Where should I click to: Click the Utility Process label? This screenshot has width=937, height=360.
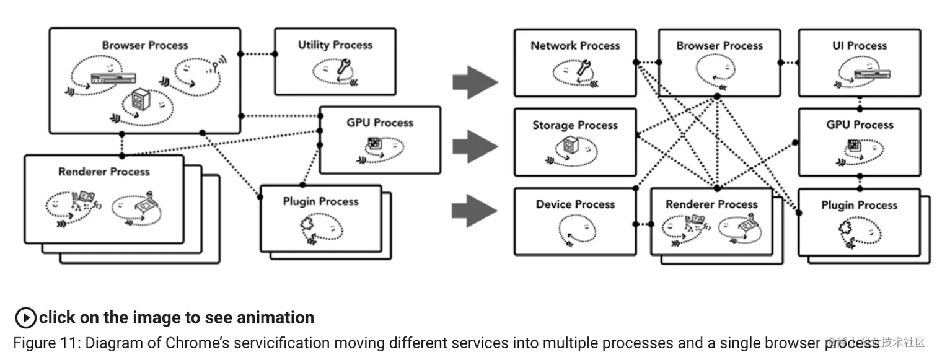335,45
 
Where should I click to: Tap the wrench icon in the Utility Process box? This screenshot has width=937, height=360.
343,68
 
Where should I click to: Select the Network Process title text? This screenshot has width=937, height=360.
575,45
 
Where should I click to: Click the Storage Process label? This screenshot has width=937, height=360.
575,125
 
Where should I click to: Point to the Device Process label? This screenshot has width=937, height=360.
575,204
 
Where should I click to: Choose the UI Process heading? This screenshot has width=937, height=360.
859,45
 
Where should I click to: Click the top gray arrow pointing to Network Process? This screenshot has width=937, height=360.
475,82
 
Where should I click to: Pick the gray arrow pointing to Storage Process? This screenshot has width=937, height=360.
475,147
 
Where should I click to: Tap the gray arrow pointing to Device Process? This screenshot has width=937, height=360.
475,211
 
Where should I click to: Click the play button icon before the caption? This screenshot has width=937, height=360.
25,318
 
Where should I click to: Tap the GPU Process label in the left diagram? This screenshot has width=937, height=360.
379,123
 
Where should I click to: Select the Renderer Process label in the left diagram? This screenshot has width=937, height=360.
104,172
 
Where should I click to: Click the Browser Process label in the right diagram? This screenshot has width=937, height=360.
719,45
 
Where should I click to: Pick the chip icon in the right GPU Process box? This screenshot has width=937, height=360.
853,146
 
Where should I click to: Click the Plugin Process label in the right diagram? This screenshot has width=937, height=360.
859,205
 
